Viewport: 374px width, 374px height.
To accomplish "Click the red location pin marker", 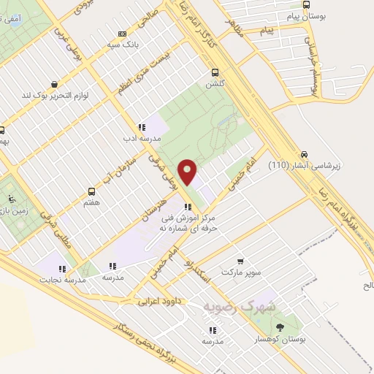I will pyautogui.click(x=188, y=172).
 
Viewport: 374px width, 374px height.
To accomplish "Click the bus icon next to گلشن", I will pyautogui.click(x=214, y=72).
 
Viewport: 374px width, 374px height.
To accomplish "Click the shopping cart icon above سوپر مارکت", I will pyautogui.click(x=241, y=260).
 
